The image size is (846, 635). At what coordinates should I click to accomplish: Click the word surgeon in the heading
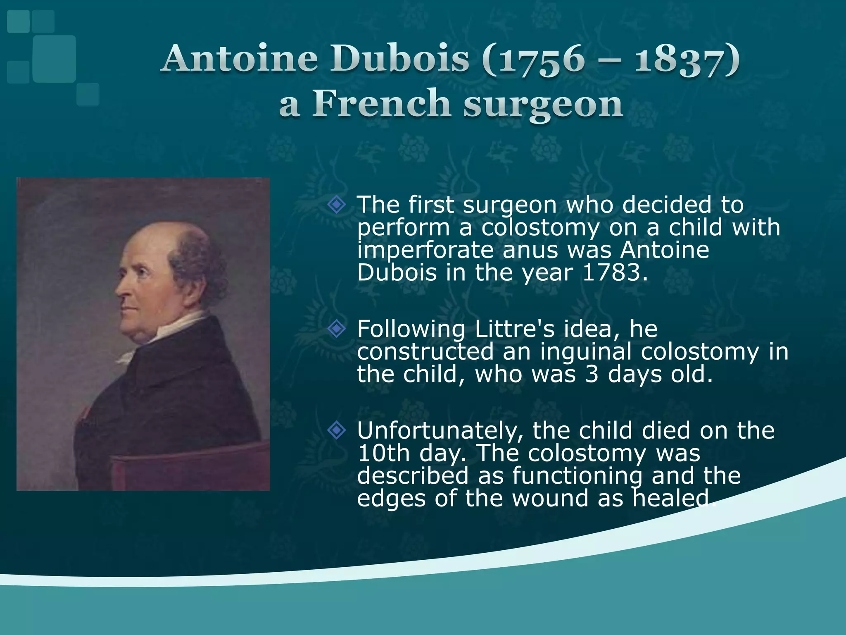pyautogui.click(x=543, y=105)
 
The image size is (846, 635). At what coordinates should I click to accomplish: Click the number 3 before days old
pyautogui.click(x=592, y=375)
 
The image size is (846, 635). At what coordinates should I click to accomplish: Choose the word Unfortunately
pyautogui.click(x=440, y=431)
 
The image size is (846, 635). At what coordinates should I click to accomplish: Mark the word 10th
pyautogui.click(x=383, y=454)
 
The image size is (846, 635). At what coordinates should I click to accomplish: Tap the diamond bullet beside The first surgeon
pyautogui.click(x=337, y=205)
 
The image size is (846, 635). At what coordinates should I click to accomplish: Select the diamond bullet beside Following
pyautogui.click(x=337, y=329)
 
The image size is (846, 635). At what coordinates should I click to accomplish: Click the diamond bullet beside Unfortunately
pyautogui.click(x=337, y=431)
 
